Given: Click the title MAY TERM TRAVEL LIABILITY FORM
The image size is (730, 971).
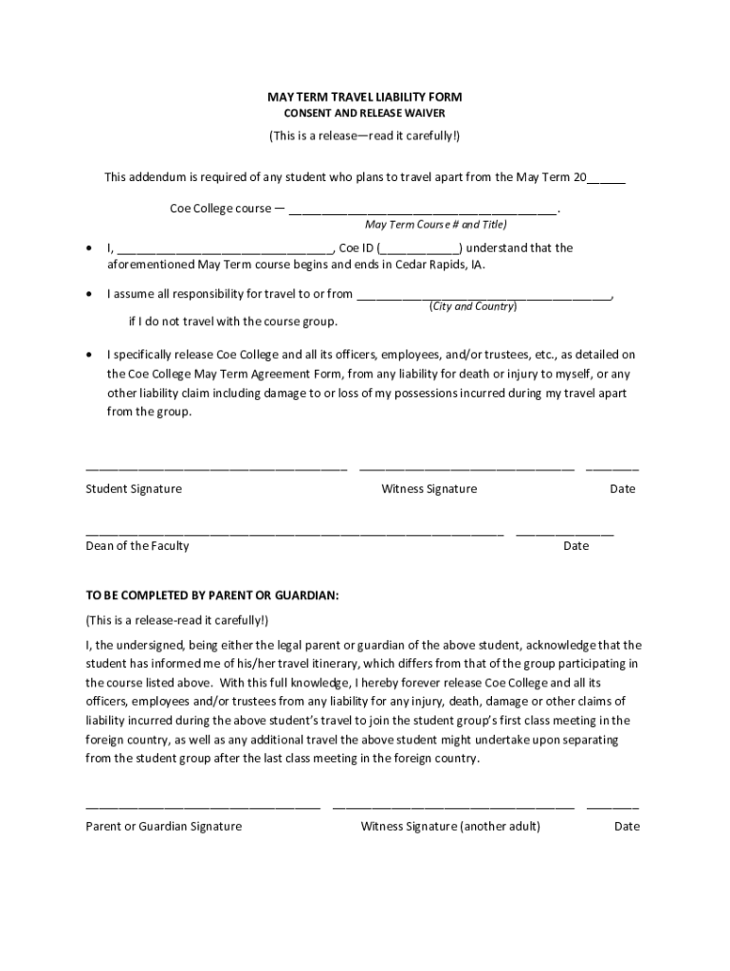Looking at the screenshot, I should (364, 98).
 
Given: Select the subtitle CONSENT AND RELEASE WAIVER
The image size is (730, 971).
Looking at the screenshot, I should (364, 114).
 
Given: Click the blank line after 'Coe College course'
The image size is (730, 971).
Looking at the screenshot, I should (423, 210).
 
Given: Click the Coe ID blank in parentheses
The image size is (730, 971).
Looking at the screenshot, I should (421, 249).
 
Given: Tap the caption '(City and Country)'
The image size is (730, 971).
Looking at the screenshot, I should (473, 306).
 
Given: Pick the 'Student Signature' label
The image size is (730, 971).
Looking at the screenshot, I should (134, 489).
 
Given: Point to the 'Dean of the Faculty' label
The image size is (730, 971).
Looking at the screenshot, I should (137, 546).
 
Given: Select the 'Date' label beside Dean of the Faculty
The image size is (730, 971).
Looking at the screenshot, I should (575, 546).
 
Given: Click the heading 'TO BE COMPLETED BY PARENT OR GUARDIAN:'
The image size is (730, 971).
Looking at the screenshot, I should (212, 595).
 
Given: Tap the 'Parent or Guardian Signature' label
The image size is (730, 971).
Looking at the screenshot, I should (164, 827).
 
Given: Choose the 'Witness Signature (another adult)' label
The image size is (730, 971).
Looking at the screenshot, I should (450, 827).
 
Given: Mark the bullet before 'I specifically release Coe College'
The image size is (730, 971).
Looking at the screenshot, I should (89, 354).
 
